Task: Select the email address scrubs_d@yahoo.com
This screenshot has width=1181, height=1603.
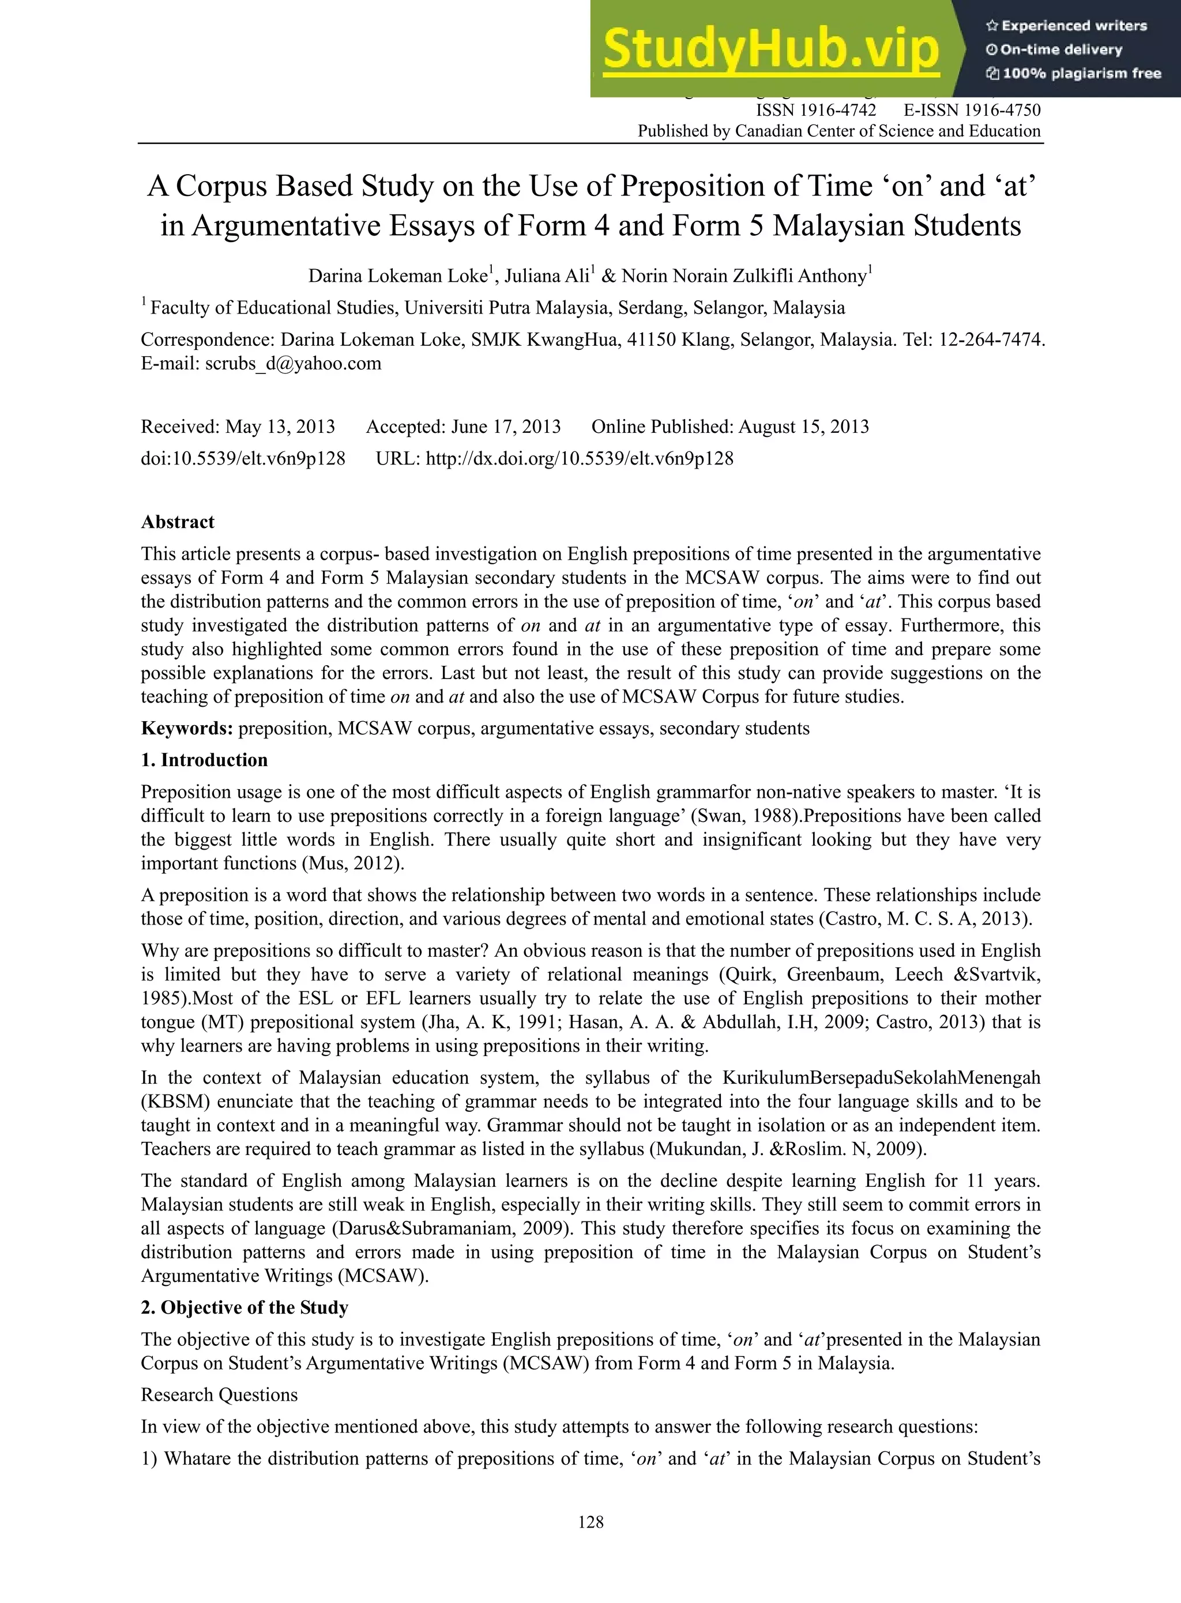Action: point(293,364)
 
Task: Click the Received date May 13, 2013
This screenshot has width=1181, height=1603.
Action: point(280,427)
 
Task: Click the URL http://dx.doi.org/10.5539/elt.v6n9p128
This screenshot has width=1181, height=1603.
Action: point(579,459)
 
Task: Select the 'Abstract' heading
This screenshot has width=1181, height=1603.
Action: point(177,522)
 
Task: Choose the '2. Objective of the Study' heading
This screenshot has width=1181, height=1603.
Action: point(244,1308)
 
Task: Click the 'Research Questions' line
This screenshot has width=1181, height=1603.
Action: point(219,1395)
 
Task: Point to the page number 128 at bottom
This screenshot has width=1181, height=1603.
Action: point(590,1522)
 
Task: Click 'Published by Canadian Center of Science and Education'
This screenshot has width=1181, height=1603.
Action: point(838,131)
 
